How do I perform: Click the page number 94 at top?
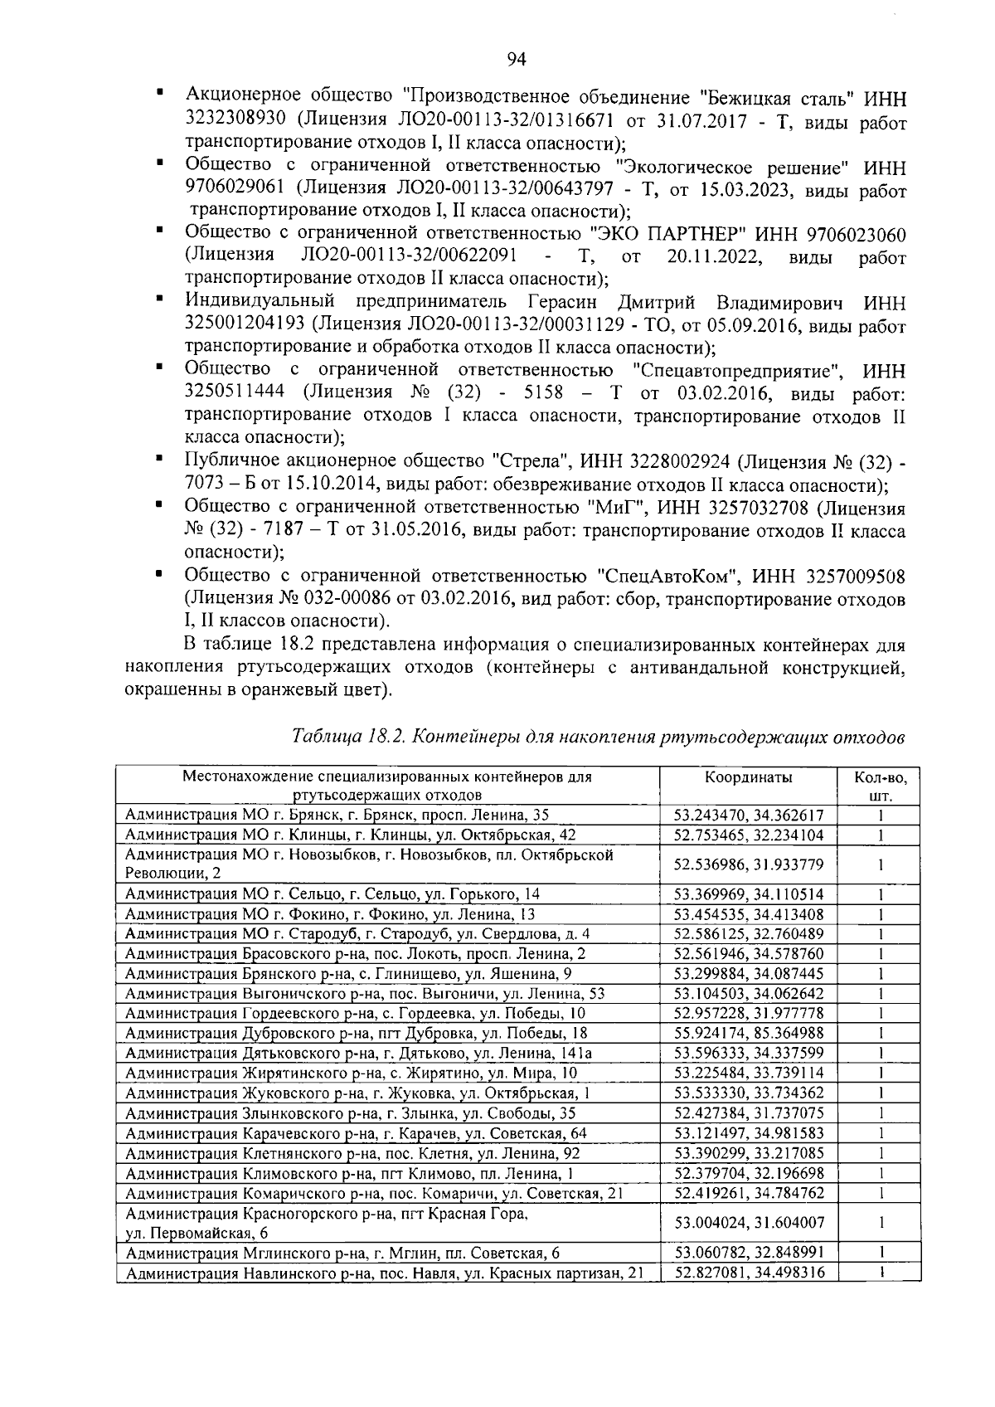516,57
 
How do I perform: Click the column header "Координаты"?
748,777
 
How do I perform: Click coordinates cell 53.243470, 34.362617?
748,815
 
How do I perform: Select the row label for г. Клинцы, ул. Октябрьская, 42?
349,835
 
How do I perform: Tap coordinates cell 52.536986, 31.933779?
748,864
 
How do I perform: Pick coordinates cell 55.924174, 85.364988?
748,1033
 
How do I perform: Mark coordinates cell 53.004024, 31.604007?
748,1222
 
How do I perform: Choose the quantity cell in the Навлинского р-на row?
881,1271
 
